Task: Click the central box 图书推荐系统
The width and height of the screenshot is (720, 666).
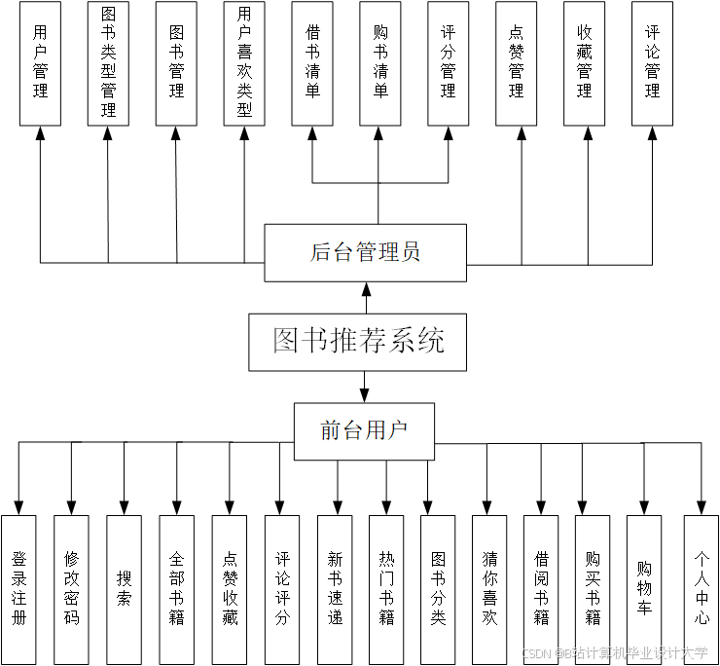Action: [359, 342]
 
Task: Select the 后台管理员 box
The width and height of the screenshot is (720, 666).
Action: [366, 252]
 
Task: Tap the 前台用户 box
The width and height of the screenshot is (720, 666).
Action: [364, 430]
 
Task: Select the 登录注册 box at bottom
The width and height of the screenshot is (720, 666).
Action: [18, 589]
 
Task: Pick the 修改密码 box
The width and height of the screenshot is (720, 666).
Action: [71, 589]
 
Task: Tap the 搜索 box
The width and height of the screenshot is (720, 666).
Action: [124, 589]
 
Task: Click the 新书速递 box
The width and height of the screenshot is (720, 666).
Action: [335, 589]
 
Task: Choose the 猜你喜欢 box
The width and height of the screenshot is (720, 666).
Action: [489, 589]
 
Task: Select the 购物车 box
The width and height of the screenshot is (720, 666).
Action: [644, 589]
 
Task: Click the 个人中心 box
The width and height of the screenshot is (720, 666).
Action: [701, 589]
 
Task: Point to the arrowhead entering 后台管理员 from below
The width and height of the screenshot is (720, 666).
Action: [366, 289]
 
